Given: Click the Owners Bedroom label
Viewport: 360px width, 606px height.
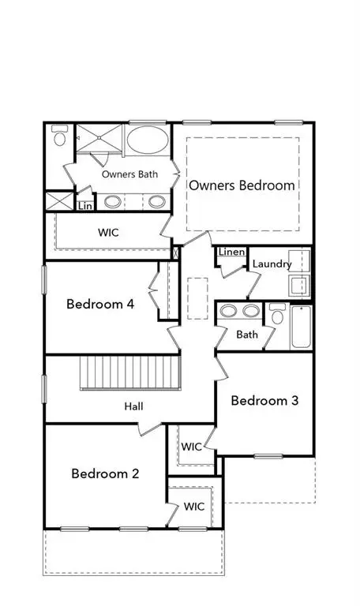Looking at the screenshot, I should click(242, 185).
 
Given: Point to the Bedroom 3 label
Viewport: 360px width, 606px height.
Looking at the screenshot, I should click(264, 400).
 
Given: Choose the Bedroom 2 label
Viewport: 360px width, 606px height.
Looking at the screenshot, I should click(105, 473).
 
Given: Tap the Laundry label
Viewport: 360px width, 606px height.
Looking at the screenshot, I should click(272, 264).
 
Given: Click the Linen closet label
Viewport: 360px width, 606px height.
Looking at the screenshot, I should click(231, 252).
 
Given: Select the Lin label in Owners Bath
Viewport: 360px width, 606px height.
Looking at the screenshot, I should click(84, 206).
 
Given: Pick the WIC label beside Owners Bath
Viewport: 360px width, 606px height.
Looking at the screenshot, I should click(109, 234).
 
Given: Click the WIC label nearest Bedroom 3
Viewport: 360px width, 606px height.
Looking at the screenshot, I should click(192, 447).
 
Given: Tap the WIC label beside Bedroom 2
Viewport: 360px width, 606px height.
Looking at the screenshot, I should click(194, 506).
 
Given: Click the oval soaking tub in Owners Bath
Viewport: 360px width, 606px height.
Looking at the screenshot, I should click(148, 141).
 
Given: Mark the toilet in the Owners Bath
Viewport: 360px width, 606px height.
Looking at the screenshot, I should click(59, 136).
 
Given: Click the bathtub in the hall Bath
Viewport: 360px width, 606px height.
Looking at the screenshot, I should click(301, 326).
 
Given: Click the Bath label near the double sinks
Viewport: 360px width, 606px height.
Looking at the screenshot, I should click(247, 335).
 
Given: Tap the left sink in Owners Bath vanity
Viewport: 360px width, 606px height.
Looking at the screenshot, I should click(113, 201).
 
